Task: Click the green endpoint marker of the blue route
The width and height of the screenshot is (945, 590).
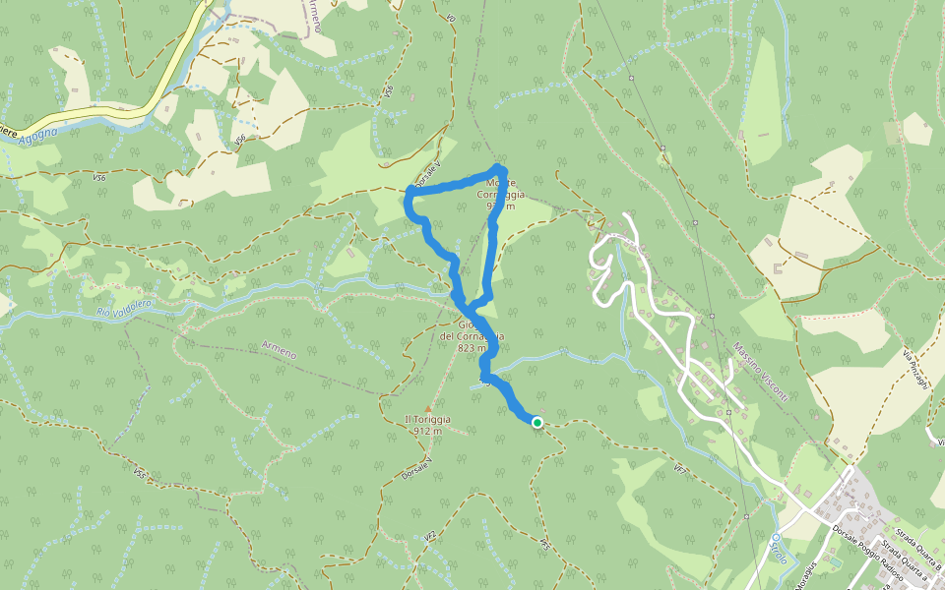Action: [x=537, y=422]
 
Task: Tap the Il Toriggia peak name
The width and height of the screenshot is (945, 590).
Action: [x=426, y=420]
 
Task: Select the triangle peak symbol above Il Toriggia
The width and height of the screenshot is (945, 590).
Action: [x=427, y=408]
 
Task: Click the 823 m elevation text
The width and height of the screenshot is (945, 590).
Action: [x=472, y=348]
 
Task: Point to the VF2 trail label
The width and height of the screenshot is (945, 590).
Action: [x=429, y=538]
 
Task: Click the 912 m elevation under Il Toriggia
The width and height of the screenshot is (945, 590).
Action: [x=426, y=432]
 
